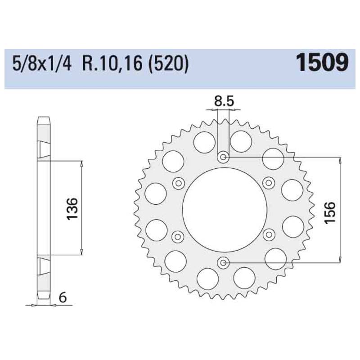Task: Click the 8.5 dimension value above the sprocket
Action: click(224, 102)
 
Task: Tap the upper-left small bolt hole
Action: click(178, 183)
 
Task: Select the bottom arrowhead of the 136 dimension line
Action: click(81, 252)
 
